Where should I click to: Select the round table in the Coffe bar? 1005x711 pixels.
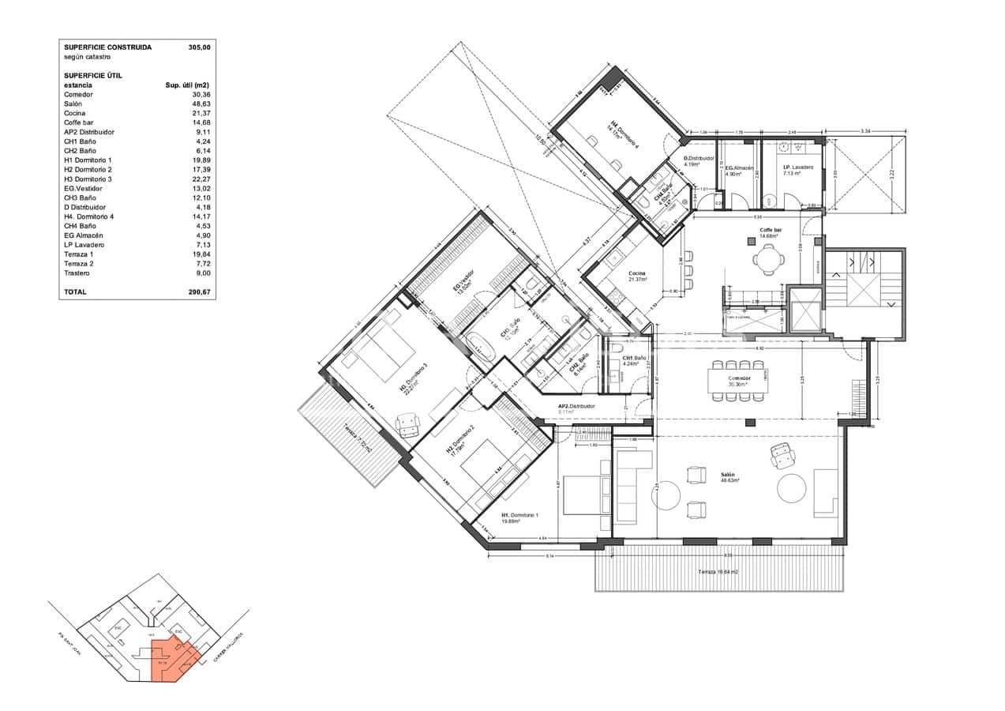click(x=768, y=258)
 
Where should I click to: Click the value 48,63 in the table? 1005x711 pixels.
click(x=201, y=103)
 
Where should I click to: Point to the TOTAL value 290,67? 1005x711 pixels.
click(x=200, y=292)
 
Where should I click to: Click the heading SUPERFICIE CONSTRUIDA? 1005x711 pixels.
click(x=107, y=47)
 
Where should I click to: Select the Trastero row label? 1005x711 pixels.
click(x=77, y=273)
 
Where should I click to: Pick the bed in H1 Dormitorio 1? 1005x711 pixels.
click(x=584, y=494)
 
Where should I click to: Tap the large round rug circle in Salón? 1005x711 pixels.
click(x=794, y=487)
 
